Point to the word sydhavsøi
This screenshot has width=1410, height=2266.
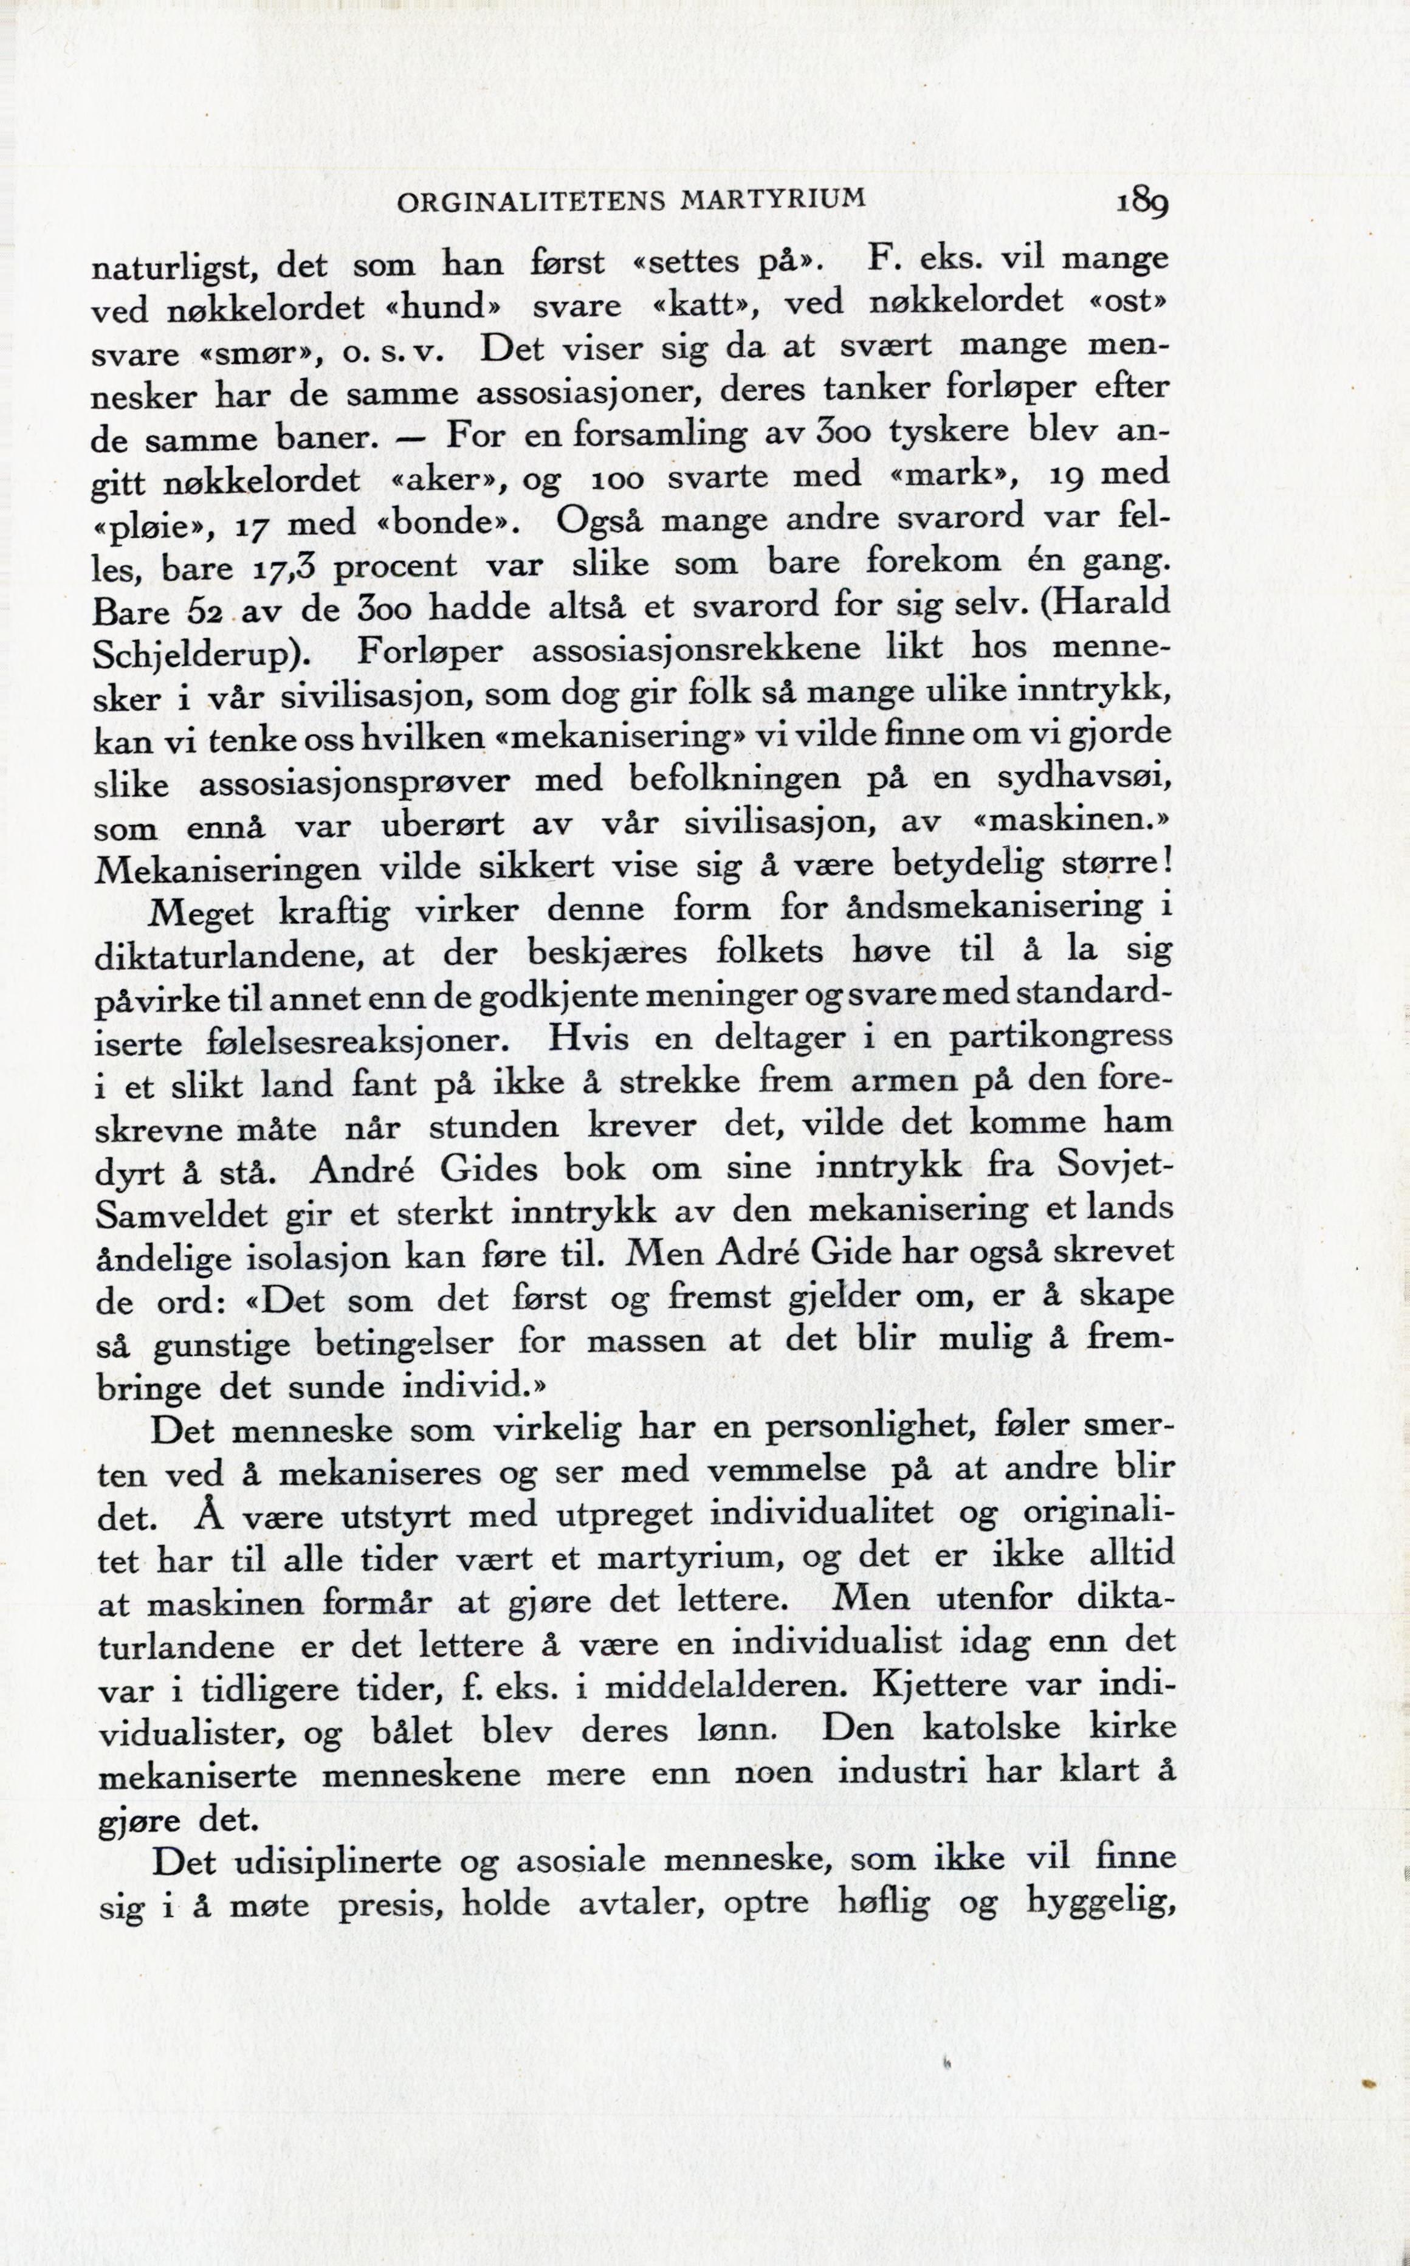[x=1087, y=777]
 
